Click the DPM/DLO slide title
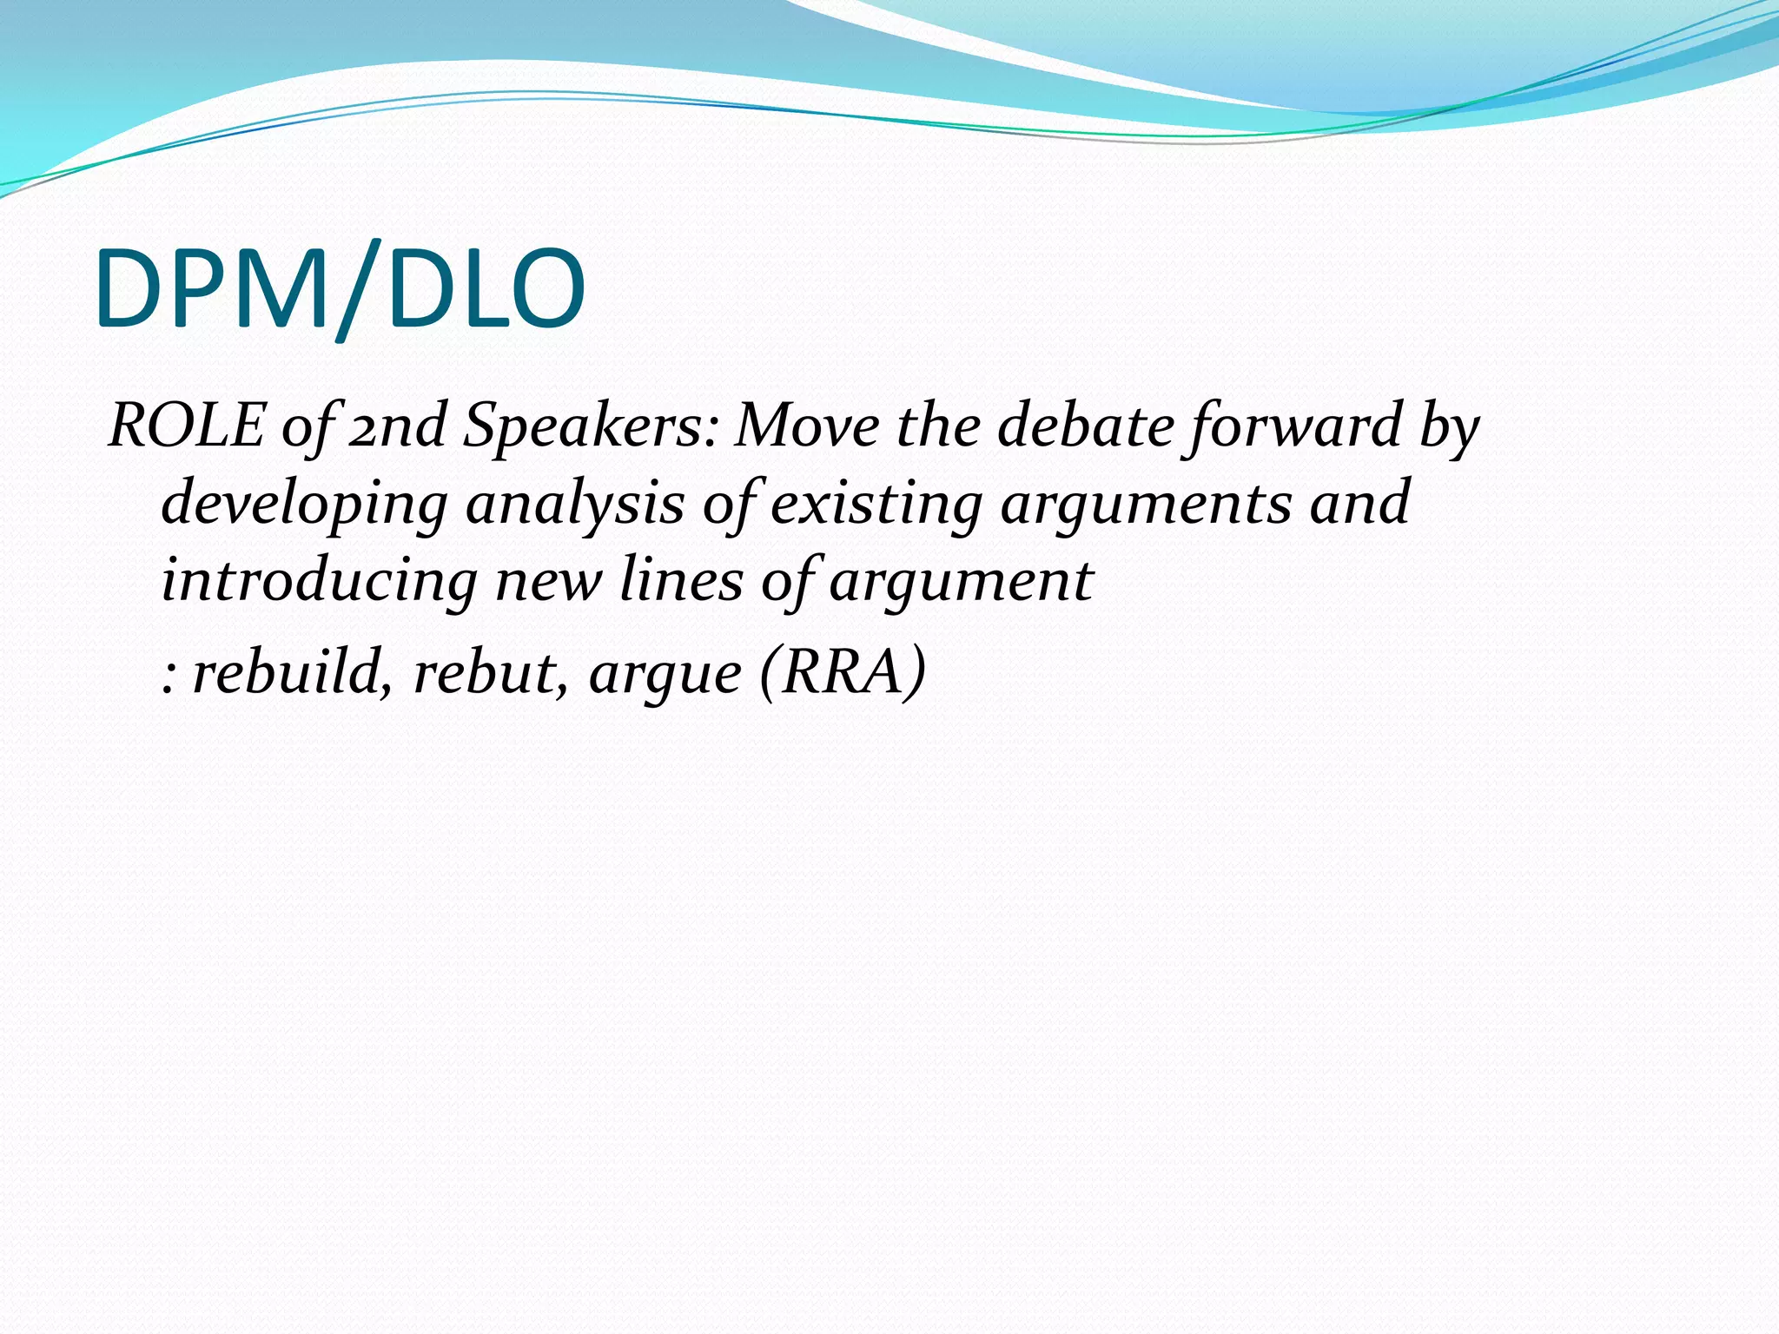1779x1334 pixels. coord(341,288)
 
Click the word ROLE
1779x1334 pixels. coord(186,426)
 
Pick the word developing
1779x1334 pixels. coord(304,504)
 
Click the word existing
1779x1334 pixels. coord(876,504)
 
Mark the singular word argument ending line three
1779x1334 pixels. coord(961,580)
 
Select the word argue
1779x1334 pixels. coord(665,672)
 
